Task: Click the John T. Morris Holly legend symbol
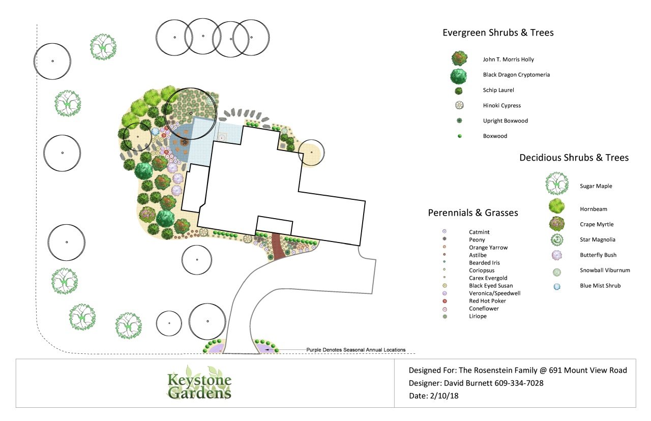click(x=459, y=58)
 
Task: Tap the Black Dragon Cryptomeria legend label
click(x=516, y=75)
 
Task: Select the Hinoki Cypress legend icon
click(x=459, y=105)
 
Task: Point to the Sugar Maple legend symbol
click(x=556, y=184)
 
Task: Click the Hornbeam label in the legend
click(x=593, y=209)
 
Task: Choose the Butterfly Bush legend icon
click(x=556, y=255)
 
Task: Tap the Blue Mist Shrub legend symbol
click(x=556, y=286)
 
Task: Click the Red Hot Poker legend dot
click(x=445, y=301)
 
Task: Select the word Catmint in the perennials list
click(x=479, y=232)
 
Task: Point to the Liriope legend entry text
click(x=478, y=316)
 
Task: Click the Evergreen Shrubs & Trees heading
click(x=498, y=33)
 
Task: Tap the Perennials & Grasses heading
click(x=473, y=213)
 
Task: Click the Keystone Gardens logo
click(x=199, y=383)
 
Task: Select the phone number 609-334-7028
click(x=519, y=383)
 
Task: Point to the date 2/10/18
click(x=444, y=396)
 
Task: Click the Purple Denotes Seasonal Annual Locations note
click(x=356, y=349)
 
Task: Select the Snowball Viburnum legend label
click(x=605, y=270)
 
